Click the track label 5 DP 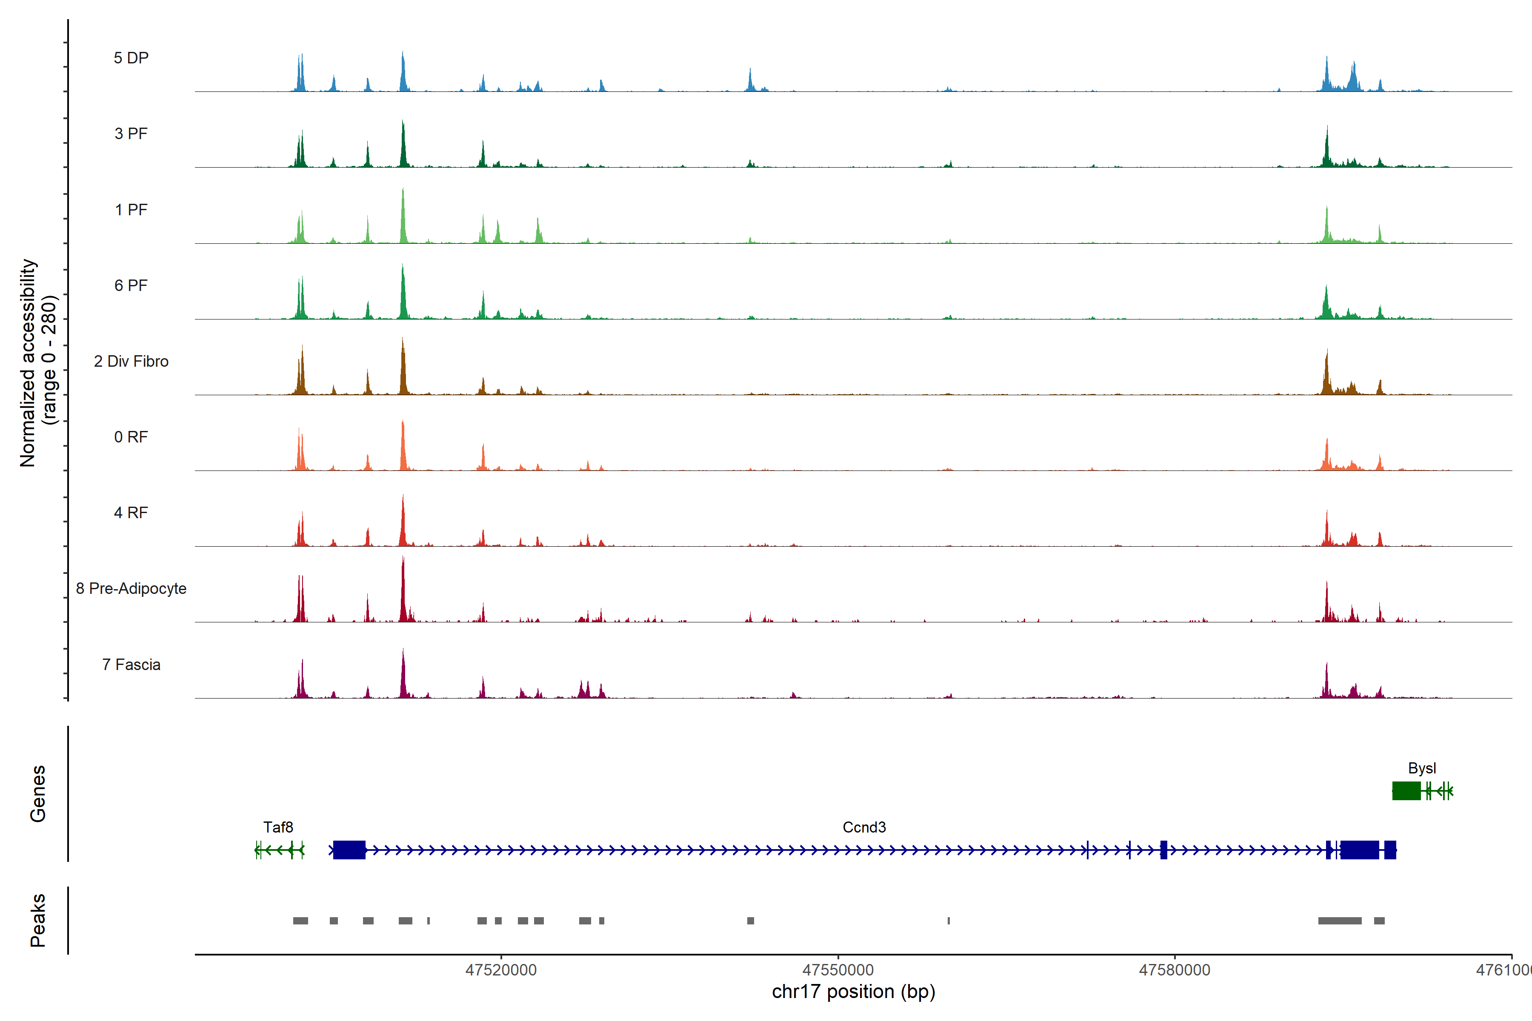click(131, 58)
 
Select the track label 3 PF click(131, 134)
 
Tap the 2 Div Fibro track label click(131, 361)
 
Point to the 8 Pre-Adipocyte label click(131, 589)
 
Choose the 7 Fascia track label click(131, 665)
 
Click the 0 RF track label click(131, 437)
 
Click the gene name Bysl click(1421, 768)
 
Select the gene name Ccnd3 click(864, 827)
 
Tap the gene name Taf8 click(278, 827)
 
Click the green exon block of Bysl click(1406, 791)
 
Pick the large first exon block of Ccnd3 click(349, 850)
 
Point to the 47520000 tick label click(501, 970)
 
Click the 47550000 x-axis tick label click(837, 970)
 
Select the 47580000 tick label click(1175, 970)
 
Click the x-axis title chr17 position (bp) click(853, 992)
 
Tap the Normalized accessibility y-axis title click(38, 363)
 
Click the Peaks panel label click(38, 920)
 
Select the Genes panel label click(38, 794)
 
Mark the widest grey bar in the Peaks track click(1340, 921)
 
